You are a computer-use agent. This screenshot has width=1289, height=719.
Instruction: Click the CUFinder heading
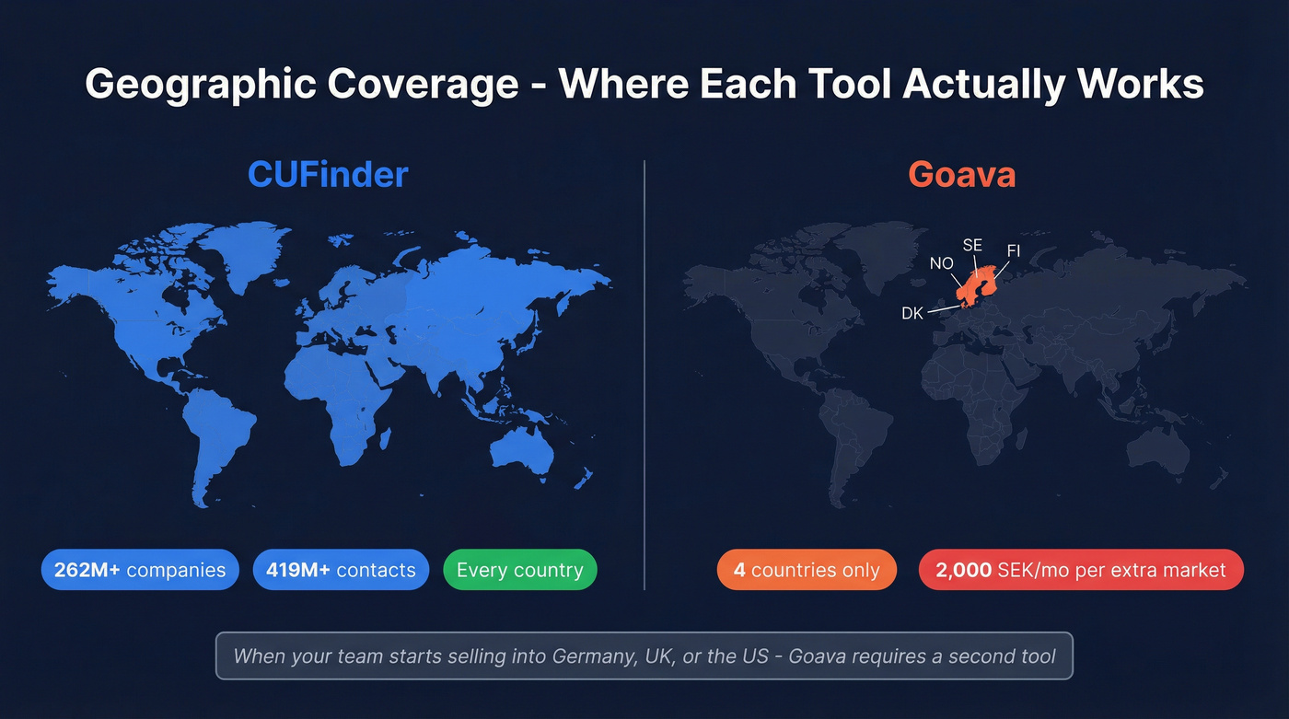pyautogui.click(x=328, y=174)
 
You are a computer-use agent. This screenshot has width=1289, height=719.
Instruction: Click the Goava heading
pyautogui.click(x=961, y=174)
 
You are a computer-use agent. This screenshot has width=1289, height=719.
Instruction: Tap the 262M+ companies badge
pyautogui.click(x=140, y=570)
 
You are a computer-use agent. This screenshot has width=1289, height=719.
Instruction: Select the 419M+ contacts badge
pyautogui.click(x=341, y=570)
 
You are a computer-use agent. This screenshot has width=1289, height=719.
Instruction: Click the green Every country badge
pyautogui.click(x=519, y=570)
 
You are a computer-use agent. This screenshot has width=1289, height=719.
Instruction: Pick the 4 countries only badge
pyautogui.click(x=807, y=570)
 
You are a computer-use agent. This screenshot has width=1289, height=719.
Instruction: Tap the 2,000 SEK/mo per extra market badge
pyautogui.click(x=1081, y=570)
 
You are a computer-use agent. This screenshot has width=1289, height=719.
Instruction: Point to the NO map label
pyautogui.click(x=941, y=263)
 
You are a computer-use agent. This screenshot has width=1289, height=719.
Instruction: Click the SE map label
pyautogui.click(x=972, y=245)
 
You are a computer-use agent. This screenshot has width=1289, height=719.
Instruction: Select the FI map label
pyautogui.click(x=1013, y=250)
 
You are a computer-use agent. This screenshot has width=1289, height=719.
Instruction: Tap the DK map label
pyautogui.click(x=912, y=314)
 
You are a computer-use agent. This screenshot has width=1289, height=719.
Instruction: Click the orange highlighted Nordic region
pyautogui.click(x=974, y=287)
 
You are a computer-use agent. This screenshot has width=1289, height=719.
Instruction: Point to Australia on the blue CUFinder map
pyautogui.click(x=521, y=450)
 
